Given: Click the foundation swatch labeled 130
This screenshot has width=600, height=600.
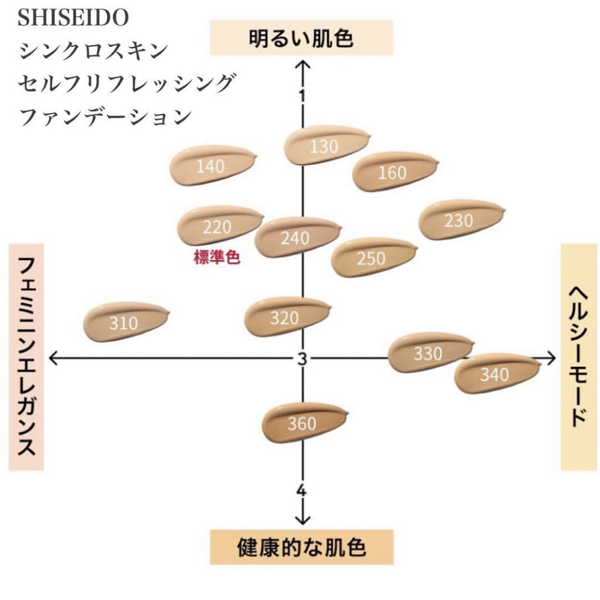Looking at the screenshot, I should (324, 146).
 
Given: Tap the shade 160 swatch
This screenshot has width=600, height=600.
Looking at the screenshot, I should (392, 172).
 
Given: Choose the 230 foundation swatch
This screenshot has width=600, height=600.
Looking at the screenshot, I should (458, 220).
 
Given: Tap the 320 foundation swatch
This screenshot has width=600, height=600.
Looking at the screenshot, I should (285, 318).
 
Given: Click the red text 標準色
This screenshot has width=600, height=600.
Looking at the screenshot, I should (217, 258).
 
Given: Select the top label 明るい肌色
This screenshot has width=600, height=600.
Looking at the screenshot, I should (301, 39).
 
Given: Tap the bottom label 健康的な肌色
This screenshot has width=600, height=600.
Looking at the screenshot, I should (301, 547).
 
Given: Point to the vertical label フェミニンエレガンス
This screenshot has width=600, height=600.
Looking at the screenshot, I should (26, 357).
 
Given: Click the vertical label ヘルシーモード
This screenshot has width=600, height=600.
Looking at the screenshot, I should (579, 357).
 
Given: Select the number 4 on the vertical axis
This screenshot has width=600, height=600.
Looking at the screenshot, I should (301, 490).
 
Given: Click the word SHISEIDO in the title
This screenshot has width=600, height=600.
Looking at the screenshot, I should (73, 18).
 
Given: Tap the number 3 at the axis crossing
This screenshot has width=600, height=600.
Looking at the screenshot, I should (302, 359).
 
